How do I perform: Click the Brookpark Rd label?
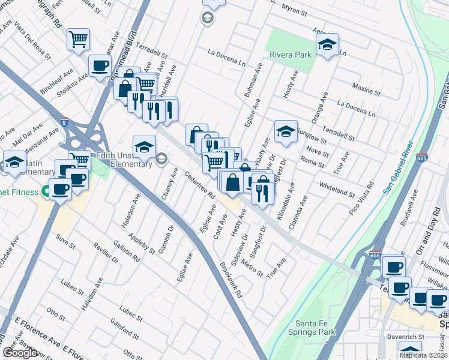point(231,280)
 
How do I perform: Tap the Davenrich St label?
point(408,337)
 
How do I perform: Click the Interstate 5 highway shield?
point(64,123)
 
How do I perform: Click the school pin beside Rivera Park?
point(327,45)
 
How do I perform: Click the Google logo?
point(20,353)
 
